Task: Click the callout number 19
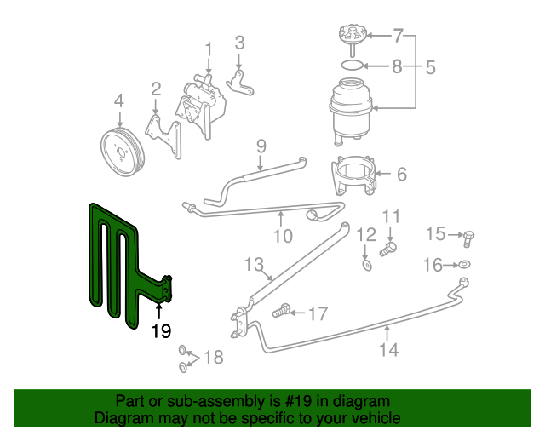[161, 331]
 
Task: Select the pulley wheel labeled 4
[122, 153]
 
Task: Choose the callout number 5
[431, 66]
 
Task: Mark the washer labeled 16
[464, 266]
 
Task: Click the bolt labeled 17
[283, 313]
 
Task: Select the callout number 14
[388, 349]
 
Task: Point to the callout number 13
[255, 265]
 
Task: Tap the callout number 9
[261, 145]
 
